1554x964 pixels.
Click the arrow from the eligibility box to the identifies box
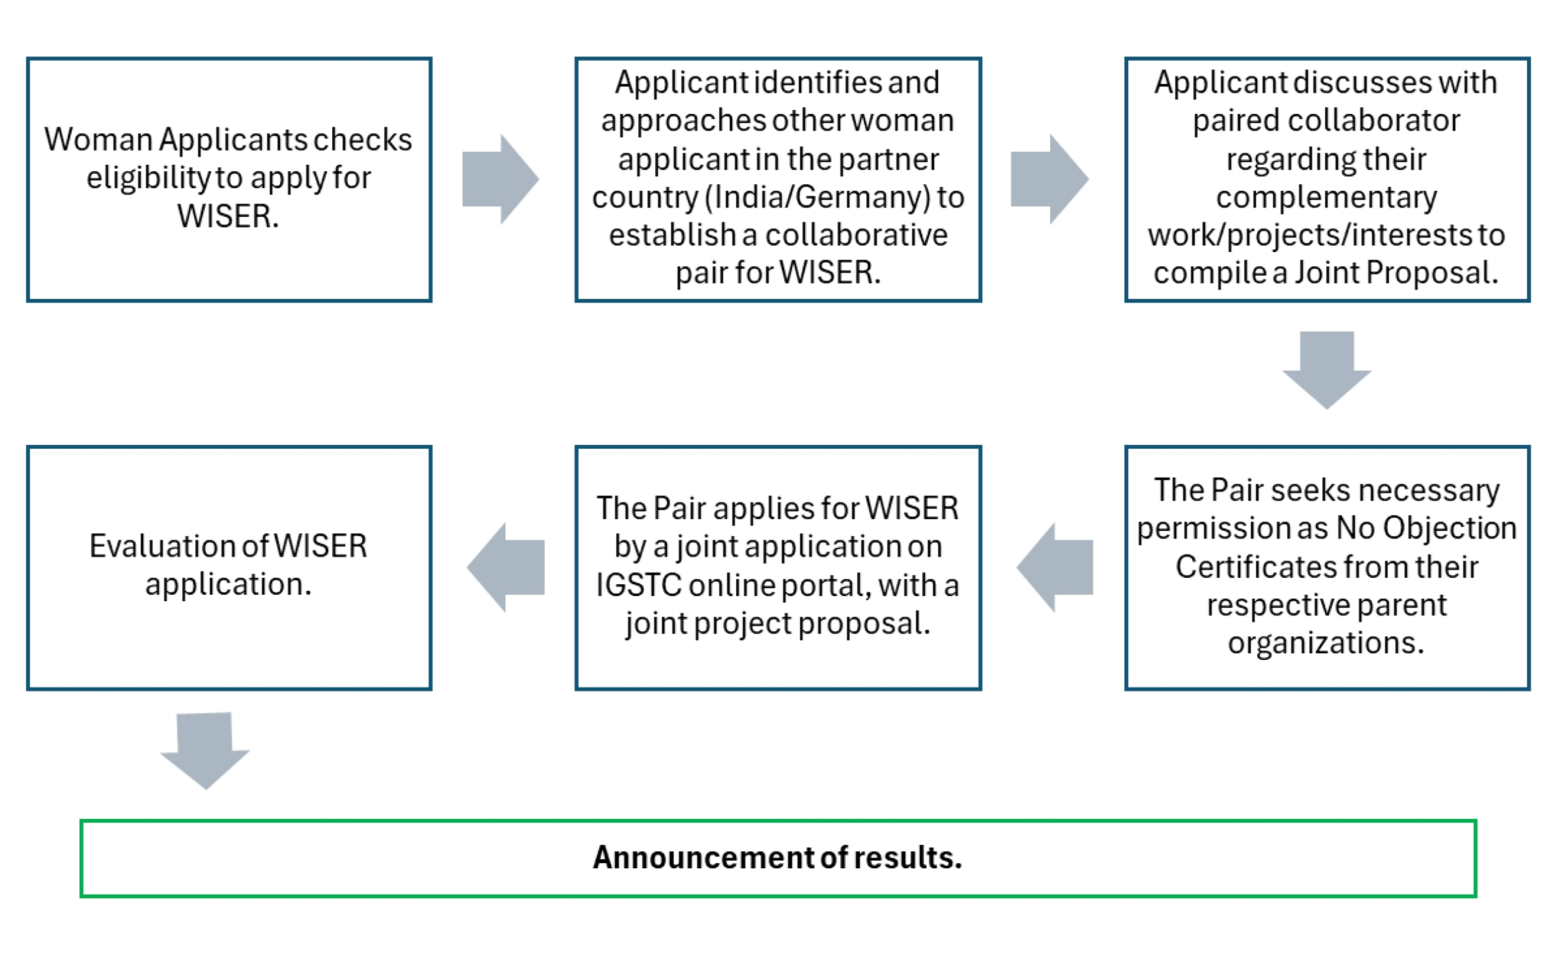point(501,179)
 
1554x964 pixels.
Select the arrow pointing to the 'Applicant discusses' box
point(1049,179)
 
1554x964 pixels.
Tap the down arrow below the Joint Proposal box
point(1327,370)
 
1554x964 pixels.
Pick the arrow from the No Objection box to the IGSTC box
point(1054,567)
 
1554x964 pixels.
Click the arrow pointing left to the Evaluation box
point(506,567)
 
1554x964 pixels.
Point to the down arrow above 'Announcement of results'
point(205,751)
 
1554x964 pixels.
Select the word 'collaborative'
point(856,235)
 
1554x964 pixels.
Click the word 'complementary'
point(1326,198)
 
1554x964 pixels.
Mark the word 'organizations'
point(1326,643)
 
